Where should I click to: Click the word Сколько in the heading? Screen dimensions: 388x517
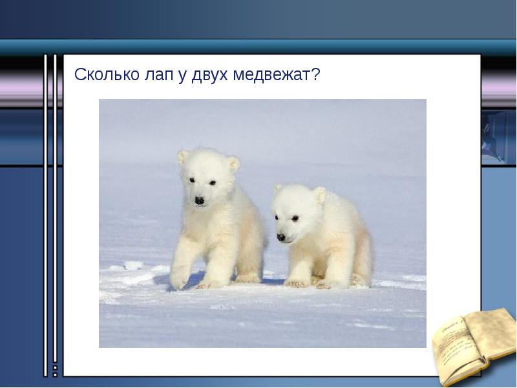coord(105,75)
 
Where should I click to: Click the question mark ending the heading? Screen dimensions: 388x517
coord(316,75)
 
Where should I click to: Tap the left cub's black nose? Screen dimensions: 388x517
coord(200,201)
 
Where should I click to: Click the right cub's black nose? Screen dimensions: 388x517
coord(281,237)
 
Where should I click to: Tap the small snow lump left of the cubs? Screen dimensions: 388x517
coord(132,265)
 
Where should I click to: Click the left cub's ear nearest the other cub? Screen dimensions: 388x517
coord(233,163)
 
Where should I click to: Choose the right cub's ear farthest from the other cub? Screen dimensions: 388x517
coord(320,194)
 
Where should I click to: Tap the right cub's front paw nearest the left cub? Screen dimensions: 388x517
coord(297,283)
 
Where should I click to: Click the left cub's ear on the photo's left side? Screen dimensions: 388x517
coord(184,156)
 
